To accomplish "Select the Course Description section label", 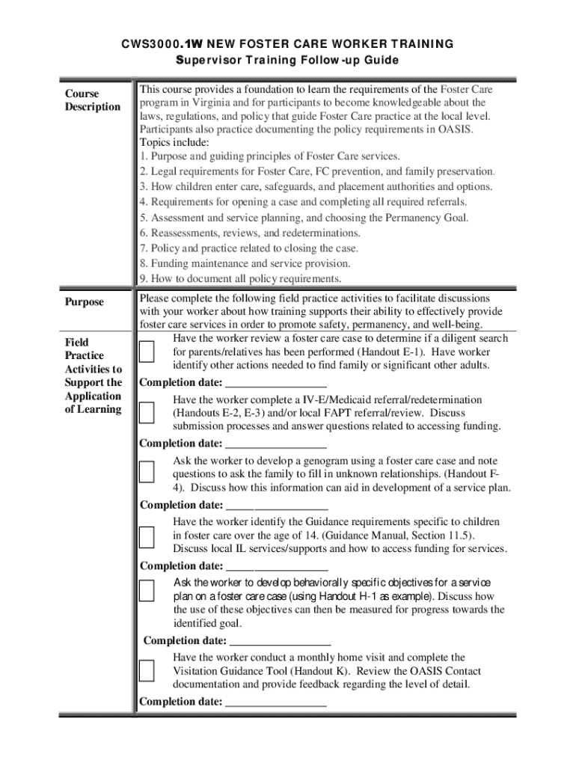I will (x=92, y=100).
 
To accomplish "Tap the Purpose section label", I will (x=84, y=302).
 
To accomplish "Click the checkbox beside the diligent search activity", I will (x=147, y=352).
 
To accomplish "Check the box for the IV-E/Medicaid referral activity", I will (x=147, y=413).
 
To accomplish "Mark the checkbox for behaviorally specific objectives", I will (x=147, y=590).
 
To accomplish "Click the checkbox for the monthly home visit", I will (x=147, y=670).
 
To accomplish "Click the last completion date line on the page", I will (x=276, y=702).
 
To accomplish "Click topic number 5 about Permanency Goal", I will (x=304, y=218).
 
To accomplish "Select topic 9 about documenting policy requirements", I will (x=240, y=279).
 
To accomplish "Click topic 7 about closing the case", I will (x=249, y=248).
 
